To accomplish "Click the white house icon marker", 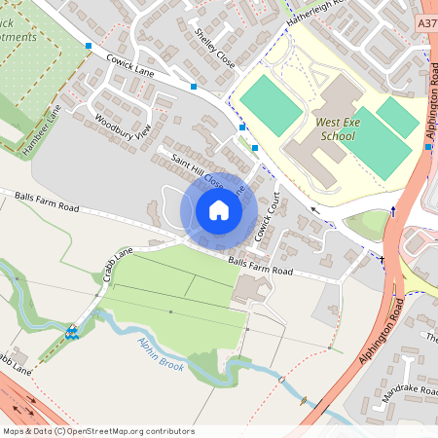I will pyautogui.click(x=219, y=209).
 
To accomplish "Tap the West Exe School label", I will pyautogui.click(x=336, y=129).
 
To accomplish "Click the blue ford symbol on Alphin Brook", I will pyautogui.click(x=72, y=332).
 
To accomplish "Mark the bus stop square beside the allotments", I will pyautogui.click(x=89, y=46).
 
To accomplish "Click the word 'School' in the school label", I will pyautogui.click(x=337, y=136).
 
